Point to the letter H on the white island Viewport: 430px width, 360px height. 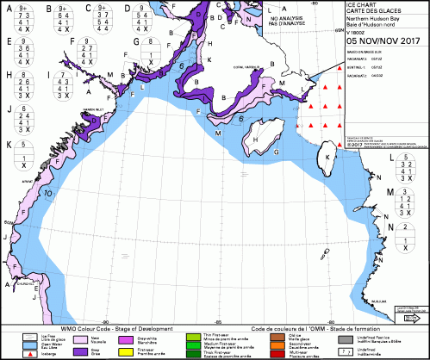point(257,134)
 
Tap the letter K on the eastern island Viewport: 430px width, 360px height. point(328,158)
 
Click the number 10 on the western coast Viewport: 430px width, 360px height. point(51,194)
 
